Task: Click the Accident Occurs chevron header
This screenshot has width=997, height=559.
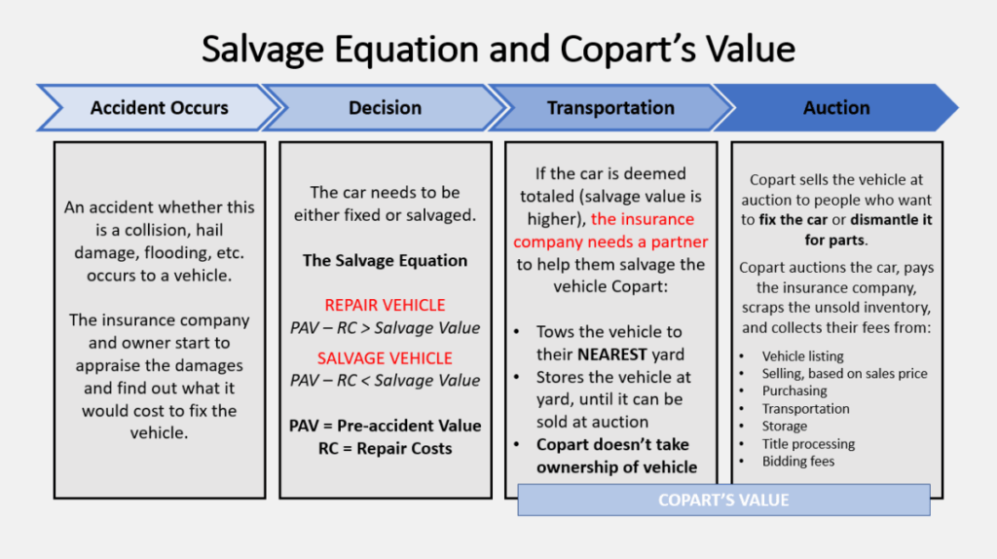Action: coord(159,108)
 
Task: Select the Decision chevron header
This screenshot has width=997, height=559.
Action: coord(385,108)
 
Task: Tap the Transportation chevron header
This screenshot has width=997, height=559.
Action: coord(610,108)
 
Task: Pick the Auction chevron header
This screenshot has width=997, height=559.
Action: coord(836,108)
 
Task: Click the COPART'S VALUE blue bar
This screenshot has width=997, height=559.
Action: coord(723,500)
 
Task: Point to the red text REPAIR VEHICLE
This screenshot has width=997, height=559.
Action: coord(385,305)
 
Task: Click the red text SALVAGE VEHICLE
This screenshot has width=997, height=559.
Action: coord(385,357)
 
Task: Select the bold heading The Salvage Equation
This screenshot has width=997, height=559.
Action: coord(385,260)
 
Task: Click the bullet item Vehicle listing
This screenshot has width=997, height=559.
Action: coord(802,356)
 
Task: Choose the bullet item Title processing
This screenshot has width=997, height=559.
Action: coord(808,444)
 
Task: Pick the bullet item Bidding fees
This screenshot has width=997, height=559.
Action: coord(797,462)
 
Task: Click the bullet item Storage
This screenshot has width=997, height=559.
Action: coord(784,427)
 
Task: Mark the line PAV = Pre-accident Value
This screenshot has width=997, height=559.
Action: coord(385,426)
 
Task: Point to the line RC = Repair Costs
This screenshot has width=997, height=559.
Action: coord(385,448)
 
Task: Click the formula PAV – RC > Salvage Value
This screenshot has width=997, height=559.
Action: coord(385,327)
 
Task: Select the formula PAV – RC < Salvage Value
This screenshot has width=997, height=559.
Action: coord(385,380)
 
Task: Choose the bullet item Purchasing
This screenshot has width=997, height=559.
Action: coord(794,391)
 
